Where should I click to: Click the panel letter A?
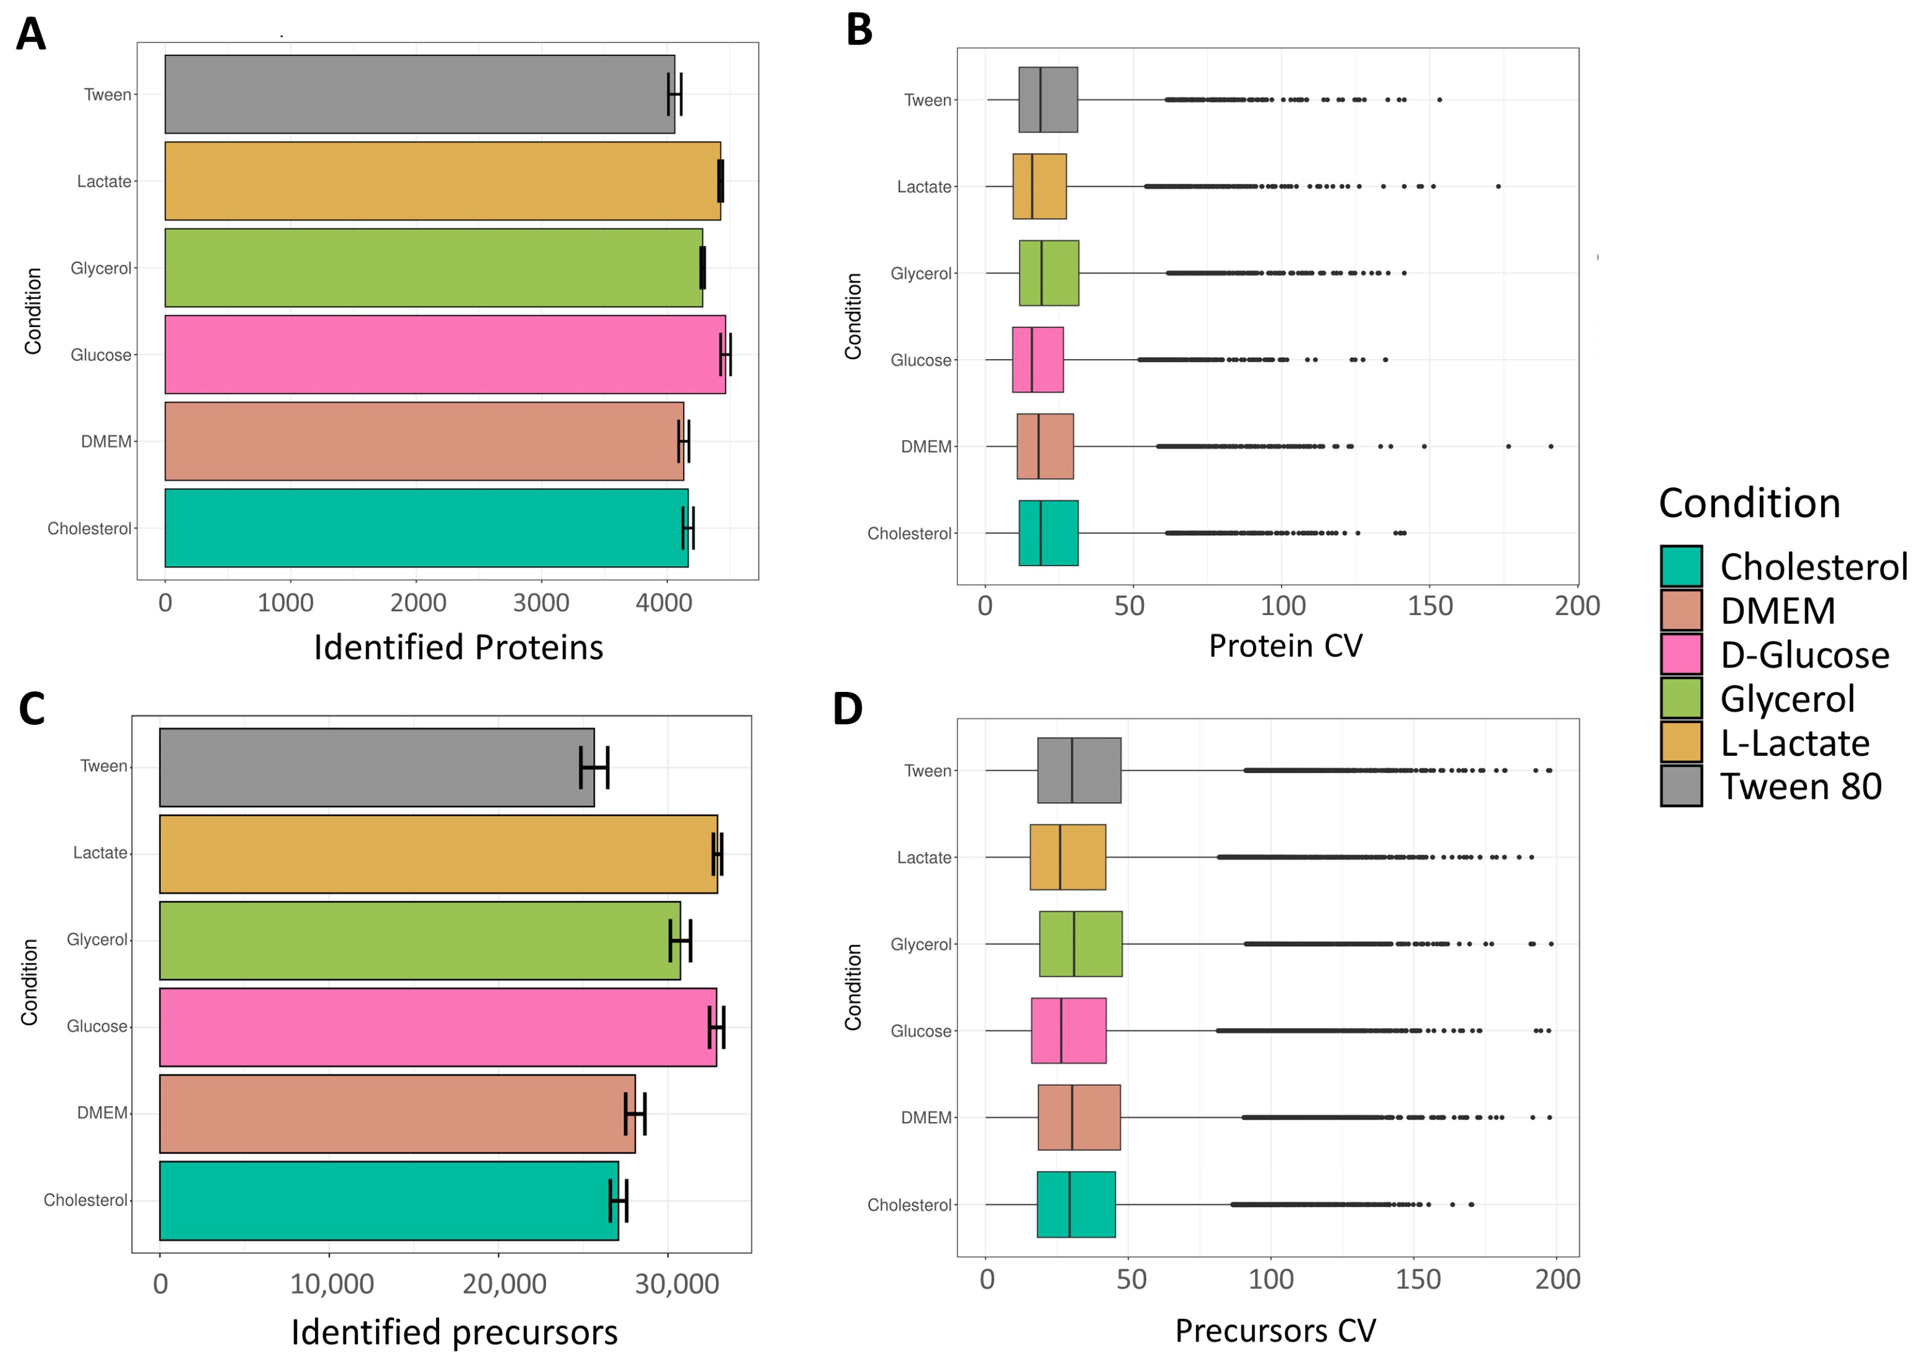(x=30, y=35)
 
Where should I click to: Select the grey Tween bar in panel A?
(x=419, y=94)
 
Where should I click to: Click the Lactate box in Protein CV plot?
(x=1039, y=186)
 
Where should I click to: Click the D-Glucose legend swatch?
(x=1680, y=655)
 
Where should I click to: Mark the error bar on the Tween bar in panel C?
(x=594, y=767)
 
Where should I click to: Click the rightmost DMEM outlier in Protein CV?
(x=1550, y=446)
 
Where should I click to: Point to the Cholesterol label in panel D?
(x=908, y=1204)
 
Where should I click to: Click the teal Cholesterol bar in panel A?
(x=426, y=529)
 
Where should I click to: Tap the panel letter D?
(x=847, y=709)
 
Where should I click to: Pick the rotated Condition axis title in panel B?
(x=853, y=316)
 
